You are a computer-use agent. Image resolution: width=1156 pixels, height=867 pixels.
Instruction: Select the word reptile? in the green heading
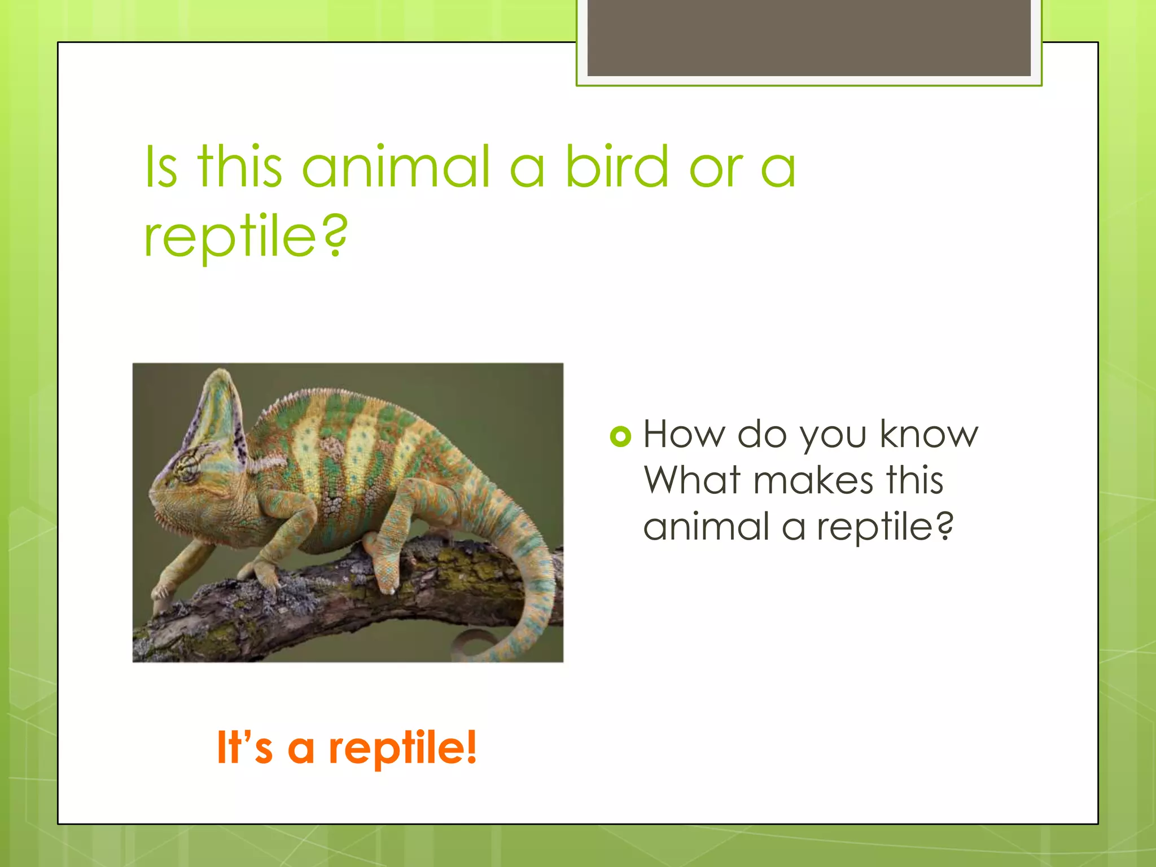point(246,237)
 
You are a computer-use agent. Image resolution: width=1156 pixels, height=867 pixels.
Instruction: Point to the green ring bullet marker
point(620,436)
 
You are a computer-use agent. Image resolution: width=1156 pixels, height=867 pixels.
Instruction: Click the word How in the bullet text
point(684,435)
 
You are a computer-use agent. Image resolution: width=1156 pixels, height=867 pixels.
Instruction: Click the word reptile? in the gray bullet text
point(884,527)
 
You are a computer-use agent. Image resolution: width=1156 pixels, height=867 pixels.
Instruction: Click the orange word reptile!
point(402,748)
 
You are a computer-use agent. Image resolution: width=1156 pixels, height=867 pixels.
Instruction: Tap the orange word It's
point(244,748)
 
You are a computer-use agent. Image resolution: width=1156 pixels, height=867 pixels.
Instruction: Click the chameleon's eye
point(187,468)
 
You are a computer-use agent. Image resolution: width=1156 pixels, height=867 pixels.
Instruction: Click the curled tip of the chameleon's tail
point(474,643)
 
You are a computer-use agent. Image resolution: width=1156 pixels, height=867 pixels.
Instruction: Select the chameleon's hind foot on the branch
point(387,581)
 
